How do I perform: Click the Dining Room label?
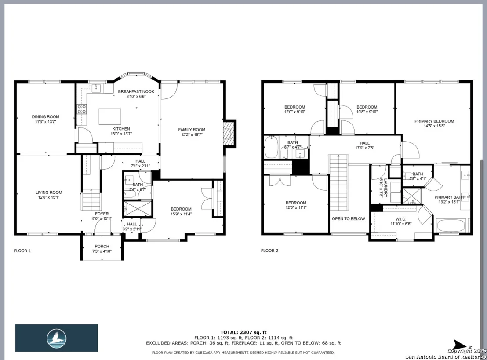46,117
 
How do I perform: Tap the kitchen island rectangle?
110,116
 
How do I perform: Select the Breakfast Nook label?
136,91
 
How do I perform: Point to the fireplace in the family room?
229,133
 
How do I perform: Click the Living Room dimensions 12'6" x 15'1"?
49,197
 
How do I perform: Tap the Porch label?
102,246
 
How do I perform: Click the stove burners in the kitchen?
82,109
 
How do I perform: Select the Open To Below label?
349,218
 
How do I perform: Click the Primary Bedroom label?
434,121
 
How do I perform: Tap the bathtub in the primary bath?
451,225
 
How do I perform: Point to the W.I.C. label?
401,219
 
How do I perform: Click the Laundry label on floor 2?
386,188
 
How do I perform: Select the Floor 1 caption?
22,251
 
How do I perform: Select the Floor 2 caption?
269,251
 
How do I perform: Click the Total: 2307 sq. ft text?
243,332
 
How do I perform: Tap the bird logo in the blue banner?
57,338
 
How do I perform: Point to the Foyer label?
102,214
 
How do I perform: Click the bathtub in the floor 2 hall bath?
271,147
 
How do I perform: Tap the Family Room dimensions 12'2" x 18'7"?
192,135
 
